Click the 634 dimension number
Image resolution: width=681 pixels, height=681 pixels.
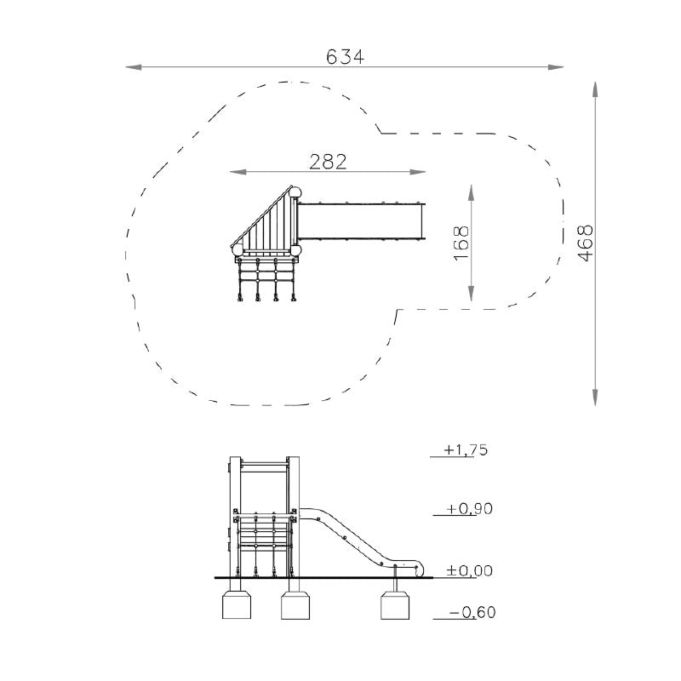coord(345,57)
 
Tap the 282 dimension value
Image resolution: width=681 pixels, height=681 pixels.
coord(328,162)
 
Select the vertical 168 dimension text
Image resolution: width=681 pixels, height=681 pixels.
coord(461,243)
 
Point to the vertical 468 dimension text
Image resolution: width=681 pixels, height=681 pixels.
coord(586,243)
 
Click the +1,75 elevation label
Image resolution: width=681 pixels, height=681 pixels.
coord(466,450)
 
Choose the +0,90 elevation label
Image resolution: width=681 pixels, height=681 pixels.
coord(470,508)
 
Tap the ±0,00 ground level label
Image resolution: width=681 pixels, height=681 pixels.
coord(470,570)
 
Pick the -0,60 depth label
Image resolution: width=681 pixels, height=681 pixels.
coord(472,612)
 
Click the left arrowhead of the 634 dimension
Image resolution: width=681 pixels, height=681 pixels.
coord(134,67)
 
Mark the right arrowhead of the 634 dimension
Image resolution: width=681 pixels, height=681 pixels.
coord(556,67)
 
